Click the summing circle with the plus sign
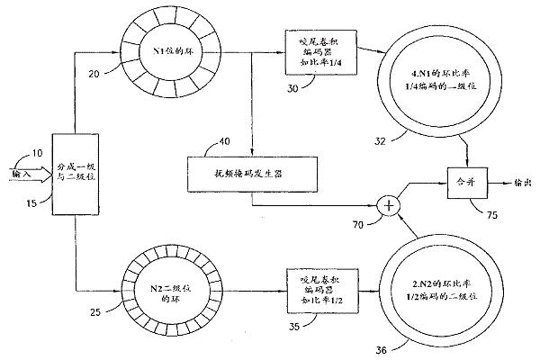[x=389, y=206]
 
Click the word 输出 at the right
[x=520, y=182]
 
